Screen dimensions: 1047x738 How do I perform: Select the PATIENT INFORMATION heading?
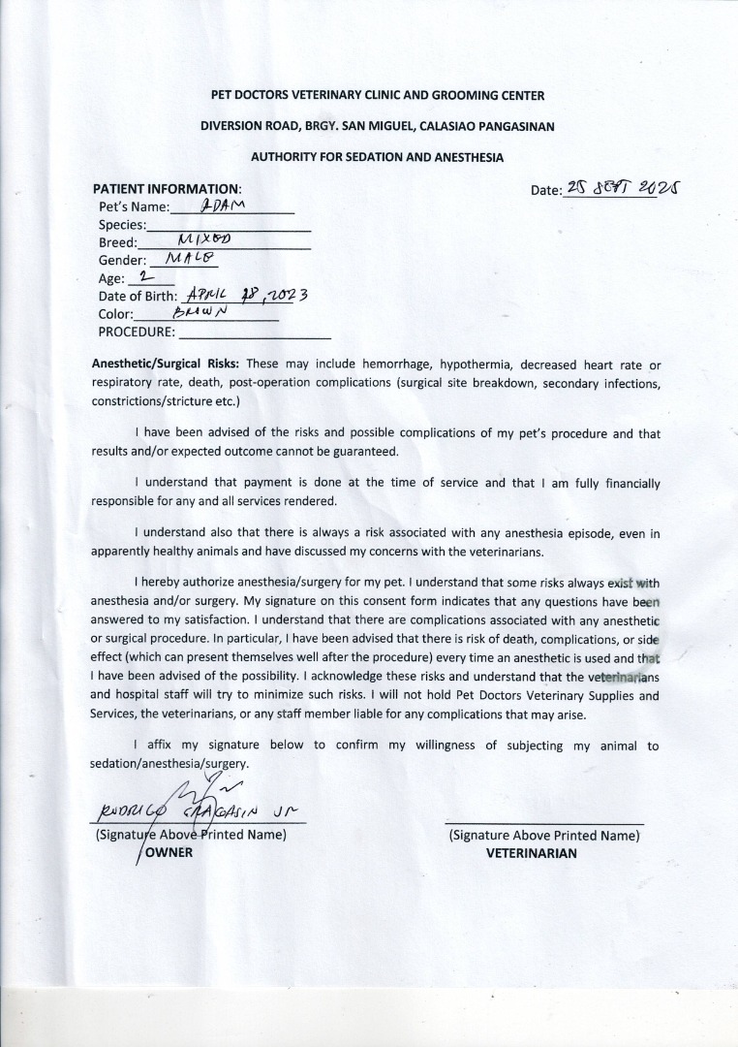pyautogui.click(x=166, y=189)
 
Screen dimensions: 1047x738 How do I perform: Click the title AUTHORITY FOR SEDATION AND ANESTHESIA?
pyautogui.click(x=377, y=156)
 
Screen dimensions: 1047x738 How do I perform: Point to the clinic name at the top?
pyautogui.click(x=377, y=95)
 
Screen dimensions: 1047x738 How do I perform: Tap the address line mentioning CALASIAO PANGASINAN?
pyautogui.click(x=377, y=126)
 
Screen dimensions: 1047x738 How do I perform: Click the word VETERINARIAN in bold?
pyautogui.click(x=531, y=853)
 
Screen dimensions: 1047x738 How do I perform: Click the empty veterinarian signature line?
pyautogui.click(x=543, y=822)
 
